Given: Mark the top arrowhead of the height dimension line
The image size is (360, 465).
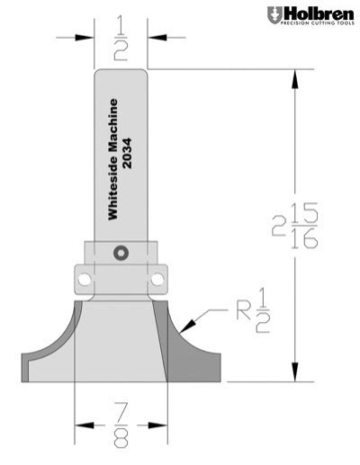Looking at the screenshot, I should [x=293, y=77].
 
